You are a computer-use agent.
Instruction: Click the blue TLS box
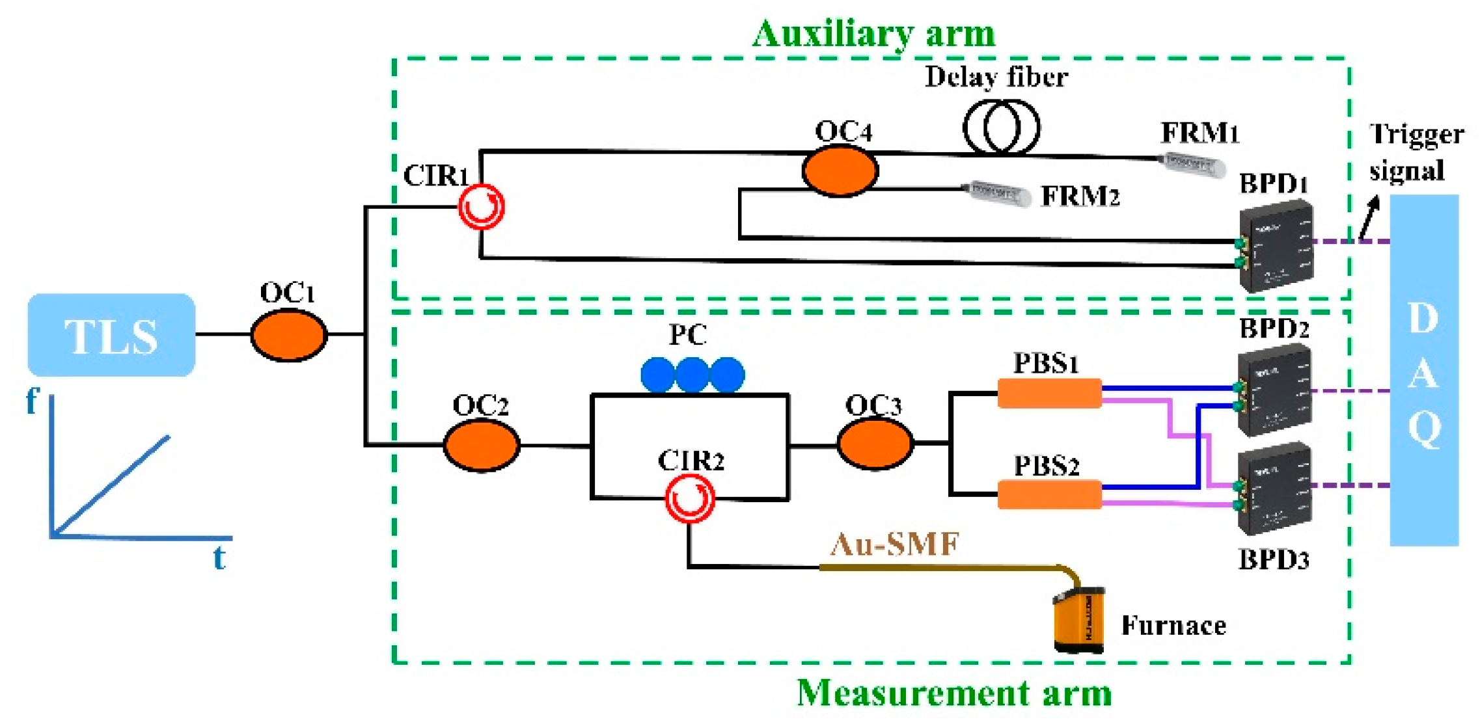111,335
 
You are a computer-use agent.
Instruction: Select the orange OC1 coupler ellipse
289,335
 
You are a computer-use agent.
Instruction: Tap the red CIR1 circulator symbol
481,207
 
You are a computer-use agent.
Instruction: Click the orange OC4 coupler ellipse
840,171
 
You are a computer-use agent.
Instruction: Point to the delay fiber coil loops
1001,127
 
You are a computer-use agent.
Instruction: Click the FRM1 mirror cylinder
1190,164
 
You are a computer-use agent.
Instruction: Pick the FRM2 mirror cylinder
999,193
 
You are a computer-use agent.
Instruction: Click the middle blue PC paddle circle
692,375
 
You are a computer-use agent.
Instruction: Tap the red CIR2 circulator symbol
690,499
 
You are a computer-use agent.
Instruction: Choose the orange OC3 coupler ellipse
875,444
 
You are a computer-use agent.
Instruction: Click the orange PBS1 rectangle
1049,394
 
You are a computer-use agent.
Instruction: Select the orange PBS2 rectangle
1049,494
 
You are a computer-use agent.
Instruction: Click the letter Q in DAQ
1424,430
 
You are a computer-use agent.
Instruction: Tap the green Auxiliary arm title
873,34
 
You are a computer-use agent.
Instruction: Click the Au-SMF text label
895,544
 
